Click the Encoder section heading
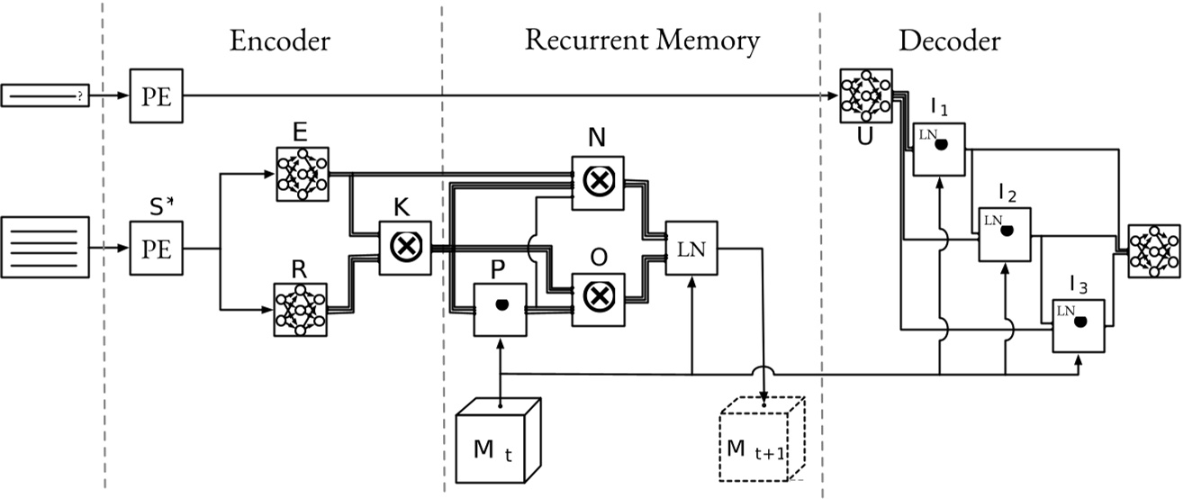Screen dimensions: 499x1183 point(280,41)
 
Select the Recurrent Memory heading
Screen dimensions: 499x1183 point(642,41)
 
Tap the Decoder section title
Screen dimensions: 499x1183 point(949,41)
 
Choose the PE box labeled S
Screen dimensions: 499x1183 point(157,249)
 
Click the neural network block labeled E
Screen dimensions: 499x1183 point(303,174)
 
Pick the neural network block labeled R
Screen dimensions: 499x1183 point(303,310)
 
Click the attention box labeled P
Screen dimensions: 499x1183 point(500,307)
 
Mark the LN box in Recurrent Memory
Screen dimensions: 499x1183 point(691,249)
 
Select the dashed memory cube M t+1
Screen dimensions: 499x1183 point(760,441)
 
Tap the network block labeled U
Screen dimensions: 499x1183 point(865,96)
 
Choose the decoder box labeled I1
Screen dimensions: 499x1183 point(939,149)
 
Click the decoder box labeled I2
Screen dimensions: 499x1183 point(1005,233)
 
